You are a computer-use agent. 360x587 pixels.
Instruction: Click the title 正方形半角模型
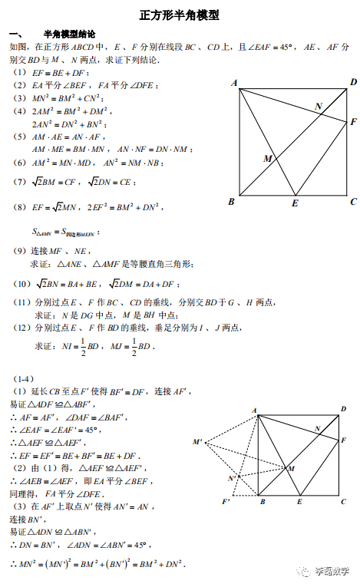[180, 15]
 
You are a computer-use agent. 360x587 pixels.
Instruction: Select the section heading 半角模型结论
[70, 35]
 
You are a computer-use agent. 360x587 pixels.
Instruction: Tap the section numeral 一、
[16, 35]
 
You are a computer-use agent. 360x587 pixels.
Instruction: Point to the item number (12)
[22, 328]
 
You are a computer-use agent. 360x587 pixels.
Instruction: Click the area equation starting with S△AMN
[66, 231]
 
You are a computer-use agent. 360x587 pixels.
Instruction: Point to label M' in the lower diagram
[197, 442]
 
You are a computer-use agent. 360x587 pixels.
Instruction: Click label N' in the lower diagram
[232, 479]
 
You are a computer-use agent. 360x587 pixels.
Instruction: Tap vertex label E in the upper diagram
[295, 203]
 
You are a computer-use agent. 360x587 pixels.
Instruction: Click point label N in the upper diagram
[318, 106]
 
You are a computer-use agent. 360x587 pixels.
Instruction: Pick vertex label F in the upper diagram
[353, 122]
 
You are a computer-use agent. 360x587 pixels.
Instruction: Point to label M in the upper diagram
[268, 158]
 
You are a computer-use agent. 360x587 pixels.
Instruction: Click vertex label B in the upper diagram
[231, 202]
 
